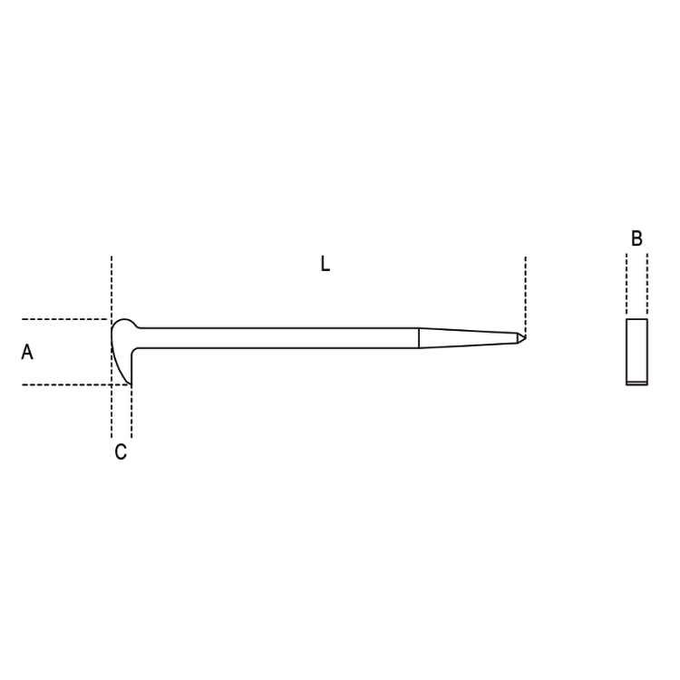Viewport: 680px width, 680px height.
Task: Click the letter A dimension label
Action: (27, 352)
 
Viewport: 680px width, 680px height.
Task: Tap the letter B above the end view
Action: (636, 238)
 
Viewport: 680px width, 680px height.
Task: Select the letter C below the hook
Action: (121, 452)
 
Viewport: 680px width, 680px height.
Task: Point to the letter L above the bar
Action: (325, 264)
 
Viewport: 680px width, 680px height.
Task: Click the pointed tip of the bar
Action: (526, 337)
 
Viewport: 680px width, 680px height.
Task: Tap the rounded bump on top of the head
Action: (125, 320)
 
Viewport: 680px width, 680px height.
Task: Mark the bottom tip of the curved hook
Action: (130, 384)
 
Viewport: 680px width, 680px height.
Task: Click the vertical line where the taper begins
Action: (419, 338)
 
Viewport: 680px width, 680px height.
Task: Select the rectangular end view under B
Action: (636, 352)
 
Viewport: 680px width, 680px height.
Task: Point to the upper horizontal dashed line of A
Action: (64, 319)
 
